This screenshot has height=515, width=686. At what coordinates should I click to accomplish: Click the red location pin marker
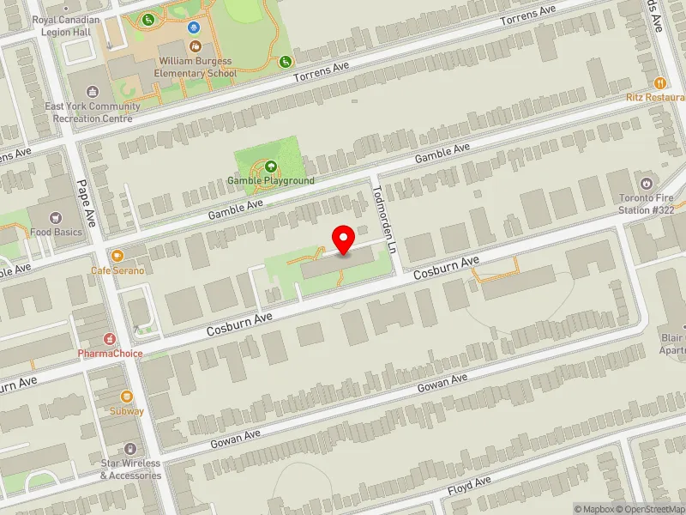[x=344, y=239]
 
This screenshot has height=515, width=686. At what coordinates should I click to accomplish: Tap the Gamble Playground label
[x=270, y=181]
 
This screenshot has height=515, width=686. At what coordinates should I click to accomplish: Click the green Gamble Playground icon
[x=271, y=167]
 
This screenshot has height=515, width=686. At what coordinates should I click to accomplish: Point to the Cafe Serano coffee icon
[x=117, y=256]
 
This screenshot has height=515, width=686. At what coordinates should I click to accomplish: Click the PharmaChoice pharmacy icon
[x=110, y=339]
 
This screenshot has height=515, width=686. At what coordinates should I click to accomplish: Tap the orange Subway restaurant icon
[x=127, y=397]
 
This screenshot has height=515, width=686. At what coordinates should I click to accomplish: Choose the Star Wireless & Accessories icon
[x=130, y=449]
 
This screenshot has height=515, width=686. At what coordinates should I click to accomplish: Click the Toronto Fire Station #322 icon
[x=646, y=183]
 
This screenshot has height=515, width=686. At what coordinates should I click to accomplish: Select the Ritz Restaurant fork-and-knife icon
[x=659, y=83]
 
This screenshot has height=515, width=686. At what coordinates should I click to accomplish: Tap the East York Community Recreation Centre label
[x=93, y=112]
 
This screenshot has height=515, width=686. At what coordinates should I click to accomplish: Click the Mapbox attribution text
[x=593, y=509]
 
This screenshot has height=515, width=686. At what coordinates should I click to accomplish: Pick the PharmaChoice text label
[x=110, y=354]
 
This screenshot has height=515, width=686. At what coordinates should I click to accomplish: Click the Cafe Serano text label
[x=117, y=270]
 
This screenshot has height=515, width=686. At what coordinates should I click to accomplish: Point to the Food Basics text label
[x=57, y=232]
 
